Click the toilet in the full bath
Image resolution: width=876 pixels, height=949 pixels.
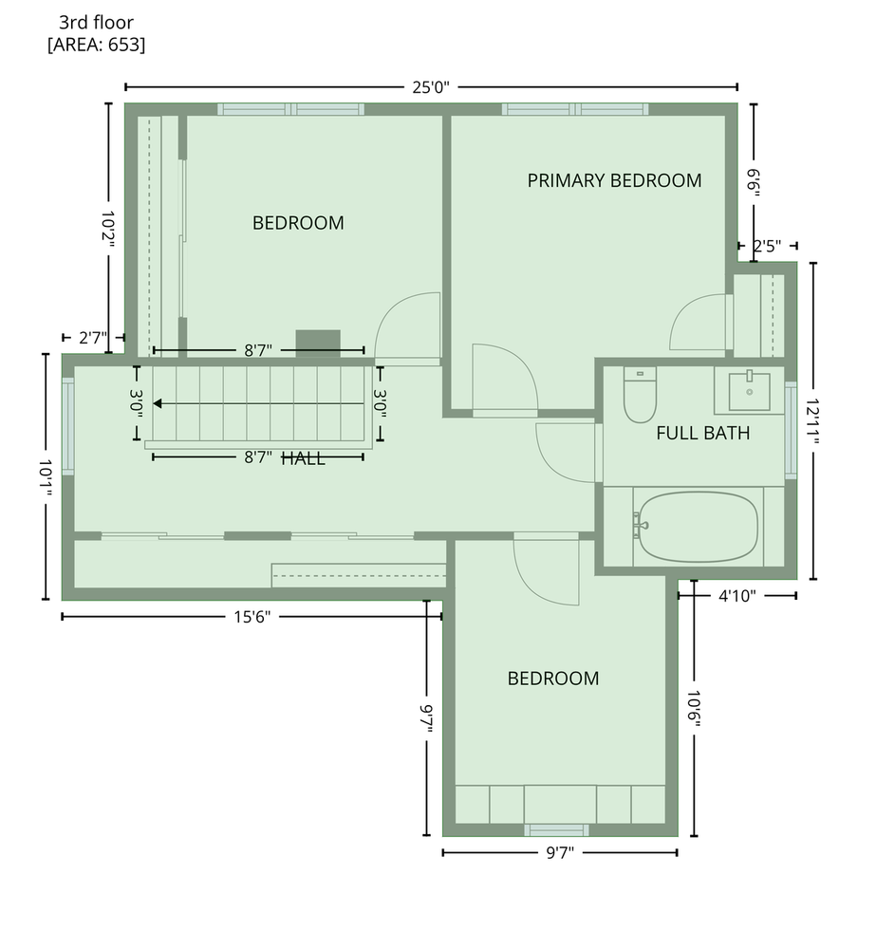tap(640, 395)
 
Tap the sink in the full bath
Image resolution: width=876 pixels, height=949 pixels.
tap(750, 391)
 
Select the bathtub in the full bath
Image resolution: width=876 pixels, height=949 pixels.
tap(699, 526)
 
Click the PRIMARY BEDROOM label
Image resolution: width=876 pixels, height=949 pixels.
tap(614, 180)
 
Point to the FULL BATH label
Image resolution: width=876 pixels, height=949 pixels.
tap(703, 433)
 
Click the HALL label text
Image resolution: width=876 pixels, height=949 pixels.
tap(304, 458)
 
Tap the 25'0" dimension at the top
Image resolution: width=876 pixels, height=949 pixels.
tap(431, 87)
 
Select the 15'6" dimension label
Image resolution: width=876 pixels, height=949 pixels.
tap(252, 617)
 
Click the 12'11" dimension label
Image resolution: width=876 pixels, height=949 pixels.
tap(812, 421)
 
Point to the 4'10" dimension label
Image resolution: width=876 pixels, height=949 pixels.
tap(737, 596)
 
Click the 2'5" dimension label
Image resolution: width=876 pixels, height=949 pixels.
tap(767, 247)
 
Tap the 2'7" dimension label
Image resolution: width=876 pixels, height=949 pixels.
tap(93, 338)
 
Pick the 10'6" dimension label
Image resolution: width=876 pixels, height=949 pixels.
tap(694, 709)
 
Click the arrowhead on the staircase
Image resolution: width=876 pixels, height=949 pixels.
tap(158, 403)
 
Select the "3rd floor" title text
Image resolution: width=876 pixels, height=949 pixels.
tap(96, 23)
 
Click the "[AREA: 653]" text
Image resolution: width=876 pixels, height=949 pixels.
tap(96, 45)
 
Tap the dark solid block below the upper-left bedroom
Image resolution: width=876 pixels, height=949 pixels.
tap(318, 344)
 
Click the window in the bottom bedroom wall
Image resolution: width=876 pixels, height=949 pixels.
tap(556, 829)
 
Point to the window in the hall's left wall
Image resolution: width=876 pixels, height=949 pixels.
tap(67, 426)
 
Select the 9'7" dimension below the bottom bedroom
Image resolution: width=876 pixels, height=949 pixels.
tap(560, 853)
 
